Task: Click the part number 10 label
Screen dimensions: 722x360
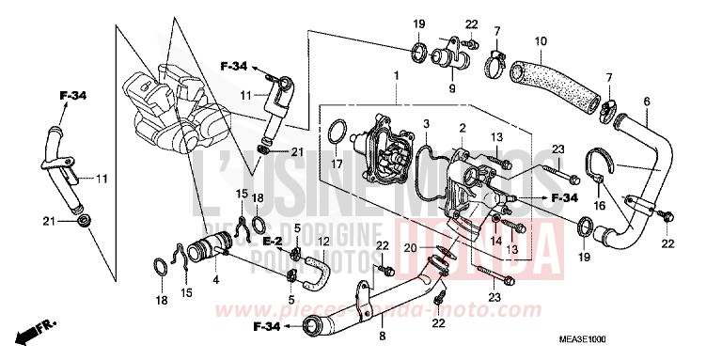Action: (x=540, y=40)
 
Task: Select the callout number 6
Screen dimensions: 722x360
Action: (x=646, y=101)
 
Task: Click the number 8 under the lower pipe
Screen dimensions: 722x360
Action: (x=383, y=334)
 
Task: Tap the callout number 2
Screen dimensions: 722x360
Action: (x=462, y=126)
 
